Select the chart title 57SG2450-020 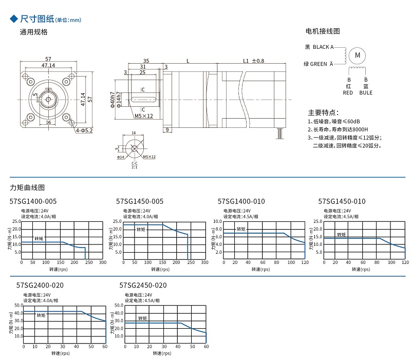(x=143, y=285)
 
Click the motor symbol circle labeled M (x=358, y=55)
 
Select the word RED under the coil (x=348, y=93)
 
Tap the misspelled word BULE (x=366, y=93)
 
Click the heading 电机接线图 (x=323, y=31)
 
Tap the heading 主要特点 (x=323, y=112)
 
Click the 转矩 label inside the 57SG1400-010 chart (x=241, y=229)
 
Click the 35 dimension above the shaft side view (x=146, y=61)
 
